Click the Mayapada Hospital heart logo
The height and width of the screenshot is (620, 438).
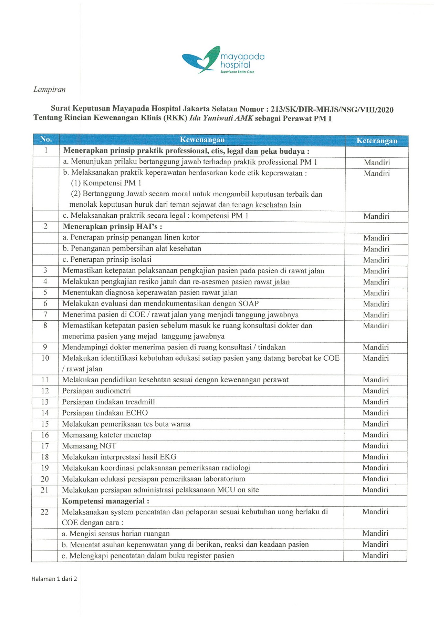point(201,60)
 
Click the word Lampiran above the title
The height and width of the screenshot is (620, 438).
point(49,90)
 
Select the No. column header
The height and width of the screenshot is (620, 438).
point(46,139)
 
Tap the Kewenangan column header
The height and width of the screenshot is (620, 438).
point(202,140)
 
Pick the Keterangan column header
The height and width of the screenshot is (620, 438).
point(377,141)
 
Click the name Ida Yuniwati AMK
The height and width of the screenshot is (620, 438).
point(221,118)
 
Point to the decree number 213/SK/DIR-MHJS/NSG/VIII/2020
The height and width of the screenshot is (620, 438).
point(332,110)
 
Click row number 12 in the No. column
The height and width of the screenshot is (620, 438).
point(45,391)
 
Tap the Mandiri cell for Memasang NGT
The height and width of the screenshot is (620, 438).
point(375,446)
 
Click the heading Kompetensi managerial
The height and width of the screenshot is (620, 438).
point(105,501)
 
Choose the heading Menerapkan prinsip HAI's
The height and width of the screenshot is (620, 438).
point(112,227)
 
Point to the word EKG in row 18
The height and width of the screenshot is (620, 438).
point(168,457)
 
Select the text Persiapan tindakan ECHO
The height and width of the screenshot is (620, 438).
point(105,413)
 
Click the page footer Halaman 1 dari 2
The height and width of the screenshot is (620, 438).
point(54,579)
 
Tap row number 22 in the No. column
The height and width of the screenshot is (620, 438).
point(45,512)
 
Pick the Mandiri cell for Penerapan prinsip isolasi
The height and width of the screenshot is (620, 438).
point(376,260)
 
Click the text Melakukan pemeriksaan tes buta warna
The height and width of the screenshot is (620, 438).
point(126,424)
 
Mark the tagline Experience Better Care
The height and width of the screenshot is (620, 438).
point(237,72)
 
